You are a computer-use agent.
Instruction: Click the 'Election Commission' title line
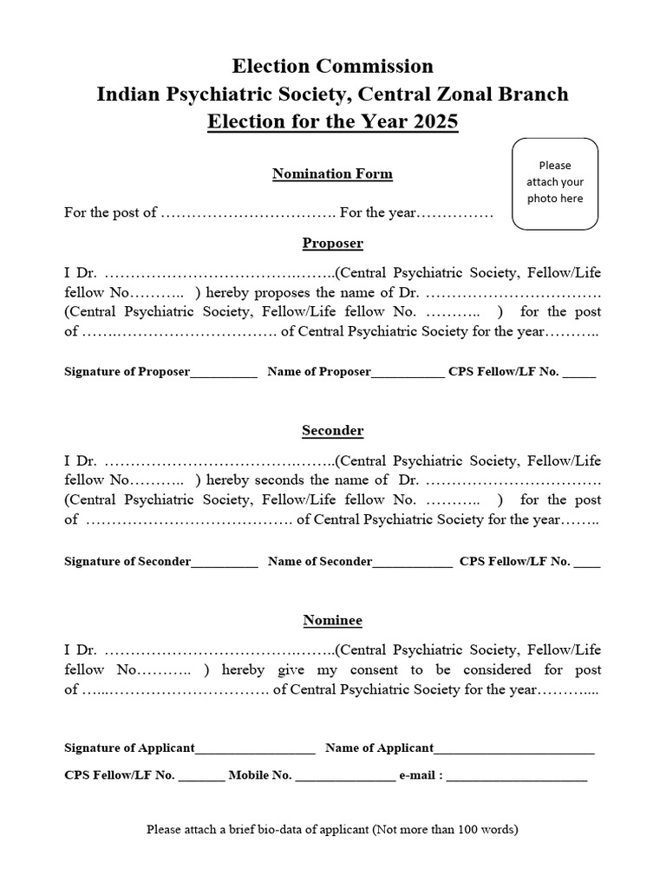332,66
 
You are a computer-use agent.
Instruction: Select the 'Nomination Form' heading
332,173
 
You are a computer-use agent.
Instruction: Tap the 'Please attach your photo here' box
555,183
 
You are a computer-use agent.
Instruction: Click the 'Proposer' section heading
332,243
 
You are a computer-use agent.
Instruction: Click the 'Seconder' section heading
332,430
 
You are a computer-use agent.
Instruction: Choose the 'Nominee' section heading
332,620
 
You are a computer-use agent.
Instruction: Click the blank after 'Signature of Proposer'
224,374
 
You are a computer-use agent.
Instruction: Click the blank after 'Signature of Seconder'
225,563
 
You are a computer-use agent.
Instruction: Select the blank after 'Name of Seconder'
412,563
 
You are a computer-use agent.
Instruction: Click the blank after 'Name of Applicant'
514,749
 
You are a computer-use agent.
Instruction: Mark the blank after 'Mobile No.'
345,777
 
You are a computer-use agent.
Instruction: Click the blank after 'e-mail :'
517,777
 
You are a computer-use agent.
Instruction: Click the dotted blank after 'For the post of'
248,213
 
